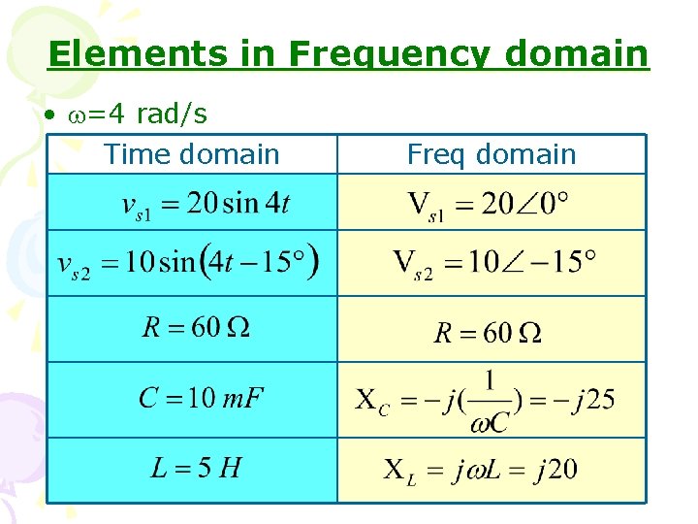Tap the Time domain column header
pos(191,154)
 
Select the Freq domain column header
pos(492,154)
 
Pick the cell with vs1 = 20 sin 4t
pos(205,204)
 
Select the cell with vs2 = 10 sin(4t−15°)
pos(188,263)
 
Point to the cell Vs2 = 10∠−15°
pos(493,263)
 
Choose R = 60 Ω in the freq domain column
pos(487,334)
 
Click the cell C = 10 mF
pos(202,398)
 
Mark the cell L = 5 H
pos(196,469)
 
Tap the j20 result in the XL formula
pos(552,471)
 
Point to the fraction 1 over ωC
pos(490,400)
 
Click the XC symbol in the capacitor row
pos(371,400)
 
